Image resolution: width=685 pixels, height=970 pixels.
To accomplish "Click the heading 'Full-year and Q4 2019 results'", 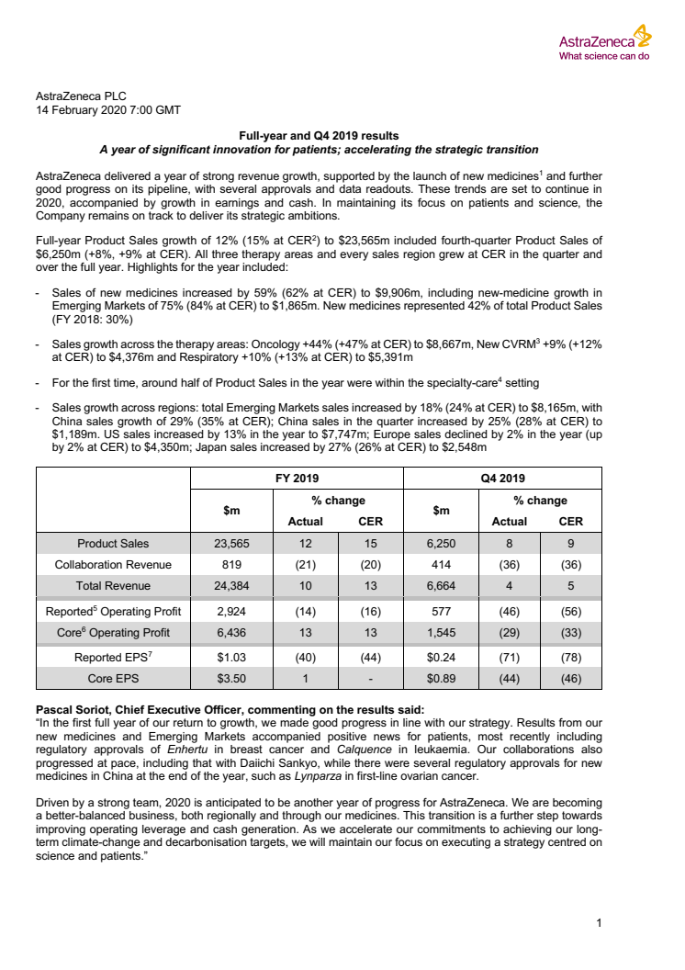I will (x=318, y=135).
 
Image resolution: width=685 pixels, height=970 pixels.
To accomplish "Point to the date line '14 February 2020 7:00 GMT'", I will (x=107, y=109).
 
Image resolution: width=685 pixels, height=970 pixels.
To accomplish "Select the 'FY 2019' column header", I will (x=296, y=478).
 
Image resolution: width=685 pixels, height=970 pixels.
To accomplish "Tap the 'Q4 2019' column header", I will (x=502, y=478).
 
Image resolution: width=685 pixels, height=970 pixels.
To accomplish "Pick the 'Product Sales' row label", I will (x=113, y=544).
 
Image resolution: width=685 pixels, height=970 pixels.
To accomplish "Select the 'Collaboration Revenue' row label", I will (x=113, y=565).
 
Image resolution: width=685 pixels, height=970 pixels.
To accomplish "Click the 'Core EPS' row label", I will (x=113, y=679).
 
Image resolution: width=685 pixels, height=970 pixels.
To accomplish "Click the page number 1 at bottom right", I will (x=598, y=923).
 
